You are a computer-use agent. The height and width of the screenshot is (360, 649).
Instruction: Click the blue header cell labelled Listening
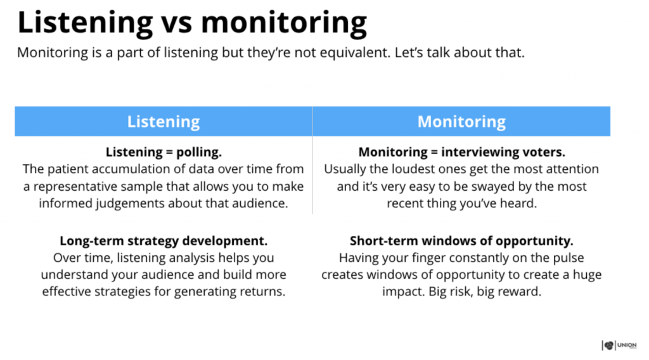point(164,121)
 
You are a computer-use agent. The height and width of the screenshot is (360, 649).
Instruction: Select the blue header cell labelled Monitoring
point(461,121)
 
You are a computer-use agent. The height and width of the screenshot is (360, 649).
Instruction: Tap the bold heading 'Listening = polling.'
point(164,153)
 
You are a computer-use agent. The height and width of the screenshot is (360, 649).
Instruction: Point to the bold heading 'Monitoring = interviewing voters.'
point(461,153)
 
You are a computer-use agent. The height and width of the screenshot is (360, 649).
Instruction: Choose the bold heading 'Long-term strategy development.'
point(164,241)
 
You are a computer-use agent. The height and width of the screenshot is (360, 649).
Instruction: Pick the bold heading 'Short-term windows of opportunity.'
point(461,241)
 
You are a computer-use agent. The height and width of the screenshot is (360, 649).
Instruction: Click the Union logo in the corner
point(619,345)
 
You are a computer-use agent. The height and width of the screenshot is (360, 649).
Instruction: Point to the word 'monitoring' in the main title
point(283,23)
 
